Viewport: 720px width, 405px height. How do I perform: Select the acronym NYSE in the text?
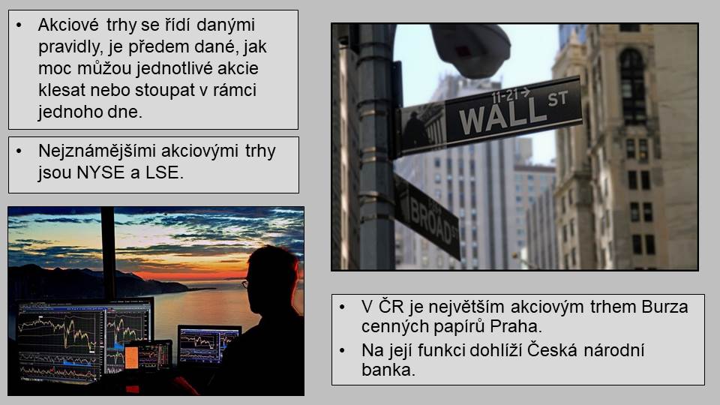tap(100, 172)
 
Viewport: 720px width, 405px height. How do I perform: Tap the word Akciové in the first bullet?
tap(68, 25)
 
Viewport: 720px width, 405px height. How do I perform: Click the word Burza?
tap(665, 307)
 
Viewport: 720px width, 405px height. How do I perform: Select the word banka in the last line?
tap(388, 370)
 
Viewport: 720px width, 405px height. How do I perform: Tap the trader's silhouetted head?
tap(271, 279)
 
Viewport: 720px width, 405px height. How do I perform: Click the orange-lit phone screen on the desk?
tap(131, 358)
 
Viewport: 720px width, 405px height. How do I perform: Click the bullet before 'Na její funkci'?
tap(342, 351)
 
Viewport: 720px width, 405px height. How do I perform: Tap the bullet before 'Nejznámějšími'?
tap(19, 151)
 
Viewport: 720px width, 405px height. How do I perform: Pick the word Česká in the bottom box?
tap(551, 350)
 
